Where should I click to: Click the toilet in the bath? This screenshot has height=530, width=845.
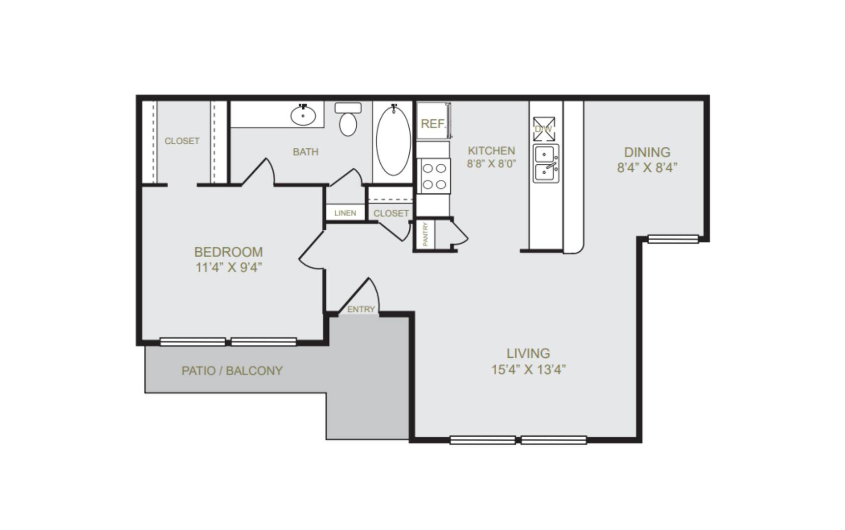click(348, 119)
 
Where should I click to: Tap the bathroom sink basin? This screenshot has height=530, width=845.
click(303, 115)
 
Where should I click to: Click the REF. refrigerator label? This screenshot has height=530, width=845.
click(433, 124)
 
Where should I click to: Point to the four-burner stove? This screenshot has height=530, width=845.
click(434, 176)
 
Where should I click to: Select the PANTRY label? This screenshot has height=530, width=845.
click(425, 234)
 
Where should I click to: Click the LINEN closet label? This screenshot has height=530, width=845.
click(345, 213)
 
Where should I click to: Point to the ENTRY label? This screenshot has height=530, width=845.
click(361, 309)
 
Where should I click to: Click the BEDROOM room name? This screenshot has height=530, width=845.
click(229, 252)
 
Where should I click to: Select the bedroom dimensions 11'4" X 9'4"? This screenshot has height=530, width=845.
click(229, 267)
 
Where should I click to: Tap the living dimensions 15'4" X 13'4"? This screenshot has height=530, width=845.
click(529, 369)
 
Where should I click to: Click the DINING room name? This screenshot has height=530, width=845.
click(647, 152)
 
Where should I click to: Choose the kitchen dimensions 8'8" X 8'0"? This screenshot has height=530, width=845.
click(492, 163)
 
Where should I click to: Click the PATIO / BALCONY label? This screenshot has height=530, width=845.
click(232, 371)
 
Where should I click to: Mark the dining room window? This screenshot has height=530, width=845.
click(673, 239)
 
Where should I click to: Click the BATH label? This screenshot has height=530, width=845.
click(306, 152)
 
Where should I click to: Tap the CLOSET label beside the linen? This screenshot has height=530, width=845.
click(391, 213)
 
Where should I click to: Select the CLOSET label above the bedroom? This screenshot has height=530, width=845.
click(182, 141)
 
